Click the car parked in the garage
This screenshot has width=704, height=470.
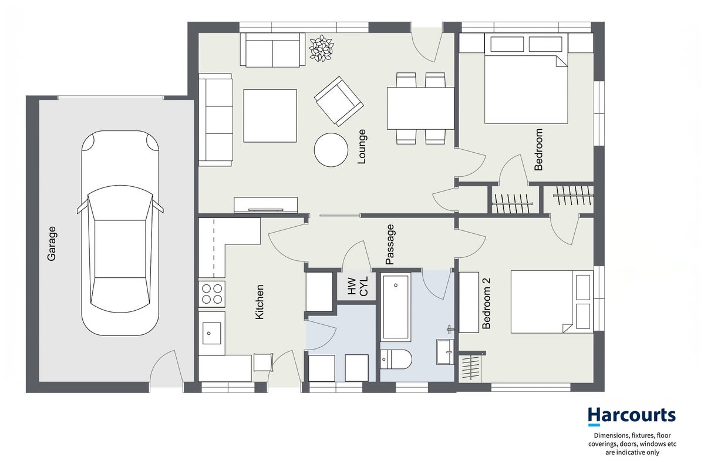(120, 233)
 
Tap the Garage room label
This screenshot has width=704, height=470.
(52, 243)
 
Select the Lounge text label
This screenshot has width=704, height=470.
(362, 146)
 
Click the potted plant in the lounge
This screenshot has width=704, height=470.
(322, 49)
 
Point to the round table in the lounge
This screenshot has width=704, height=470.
(331, 150)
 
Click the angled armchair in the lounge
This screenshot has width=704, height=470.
(339, 101)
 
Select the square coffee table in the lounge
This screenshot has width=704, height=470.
(270, 116)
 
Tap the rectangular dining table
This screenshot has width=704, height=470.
(420, 109)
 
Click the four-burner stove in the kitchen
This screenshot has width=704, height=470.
(212, 294)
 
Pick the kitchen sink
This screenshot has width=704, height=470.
(212, 333)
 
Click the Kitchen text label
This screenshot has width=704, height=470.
(259, 302)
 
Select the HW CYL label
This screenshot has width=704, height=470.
(358, 286)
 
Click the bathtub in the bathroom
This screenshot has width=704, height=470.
(396, 307)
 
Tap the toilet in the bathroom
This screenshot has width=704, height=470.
(396, 359)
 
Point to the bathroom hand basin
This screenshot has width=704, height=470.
(445, 351)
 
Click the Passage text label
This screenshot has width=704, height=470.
(390, 244)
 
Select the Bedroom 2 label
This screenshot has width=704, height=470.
(486, 303)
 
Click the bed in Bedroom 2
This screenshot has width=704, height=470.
(553, 301)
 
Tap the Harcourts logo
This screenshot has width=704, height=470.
(632, 415)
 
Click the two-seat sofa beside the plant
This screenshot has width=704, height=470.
(270, 50)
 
